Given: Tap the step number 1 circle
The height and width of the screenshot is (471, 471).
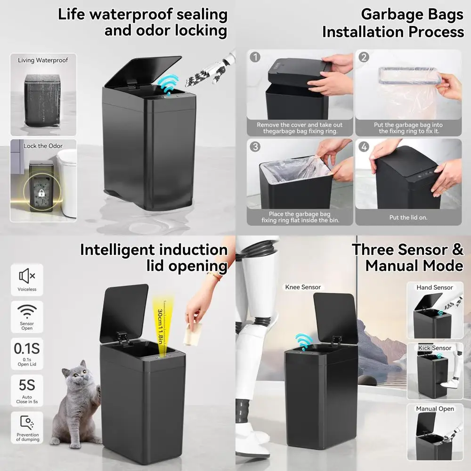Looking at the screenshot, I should (255, 57).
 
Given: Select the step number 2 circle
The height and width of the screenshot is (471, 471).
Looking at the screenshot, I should (364, 57).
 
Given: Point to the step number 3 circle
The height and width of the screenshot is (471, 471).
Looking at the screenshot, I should (255, 146).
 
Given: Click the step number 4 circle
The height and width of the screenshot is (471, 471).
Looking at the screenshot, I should (364, 146).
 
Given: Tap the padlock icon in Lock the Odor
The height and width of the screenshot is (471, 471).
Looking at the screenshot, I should (41, 194).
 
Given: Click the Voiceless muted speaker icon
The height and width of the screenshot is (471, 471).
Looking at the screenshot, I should (27, 276).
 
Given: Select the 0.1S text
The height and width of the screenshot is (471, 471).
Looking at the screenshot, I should (27, 349).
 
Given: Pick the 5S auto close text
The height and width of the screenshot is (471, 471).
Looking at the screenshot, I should (27, 385).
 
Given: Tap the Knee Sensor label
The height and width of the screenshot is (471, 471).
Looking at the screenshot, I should (303, 287).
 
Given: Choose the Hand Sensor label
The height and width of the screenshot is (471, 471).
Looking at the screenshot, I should (435, 287).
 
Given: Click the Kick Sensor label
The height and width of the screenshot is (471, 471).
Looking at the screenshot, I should (435, 348).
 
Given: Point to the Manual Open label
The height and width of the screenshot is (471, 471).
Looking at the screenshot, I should (435, 409).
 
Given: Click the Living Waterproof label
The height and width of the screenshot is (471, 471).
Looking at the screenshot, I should (43, 60).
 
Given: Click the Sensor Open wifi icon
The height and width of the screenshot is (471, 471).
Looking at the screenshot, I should (27, 311).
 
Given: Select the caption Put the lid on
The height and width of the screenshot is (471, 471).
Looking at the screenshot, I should (408, 218).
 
